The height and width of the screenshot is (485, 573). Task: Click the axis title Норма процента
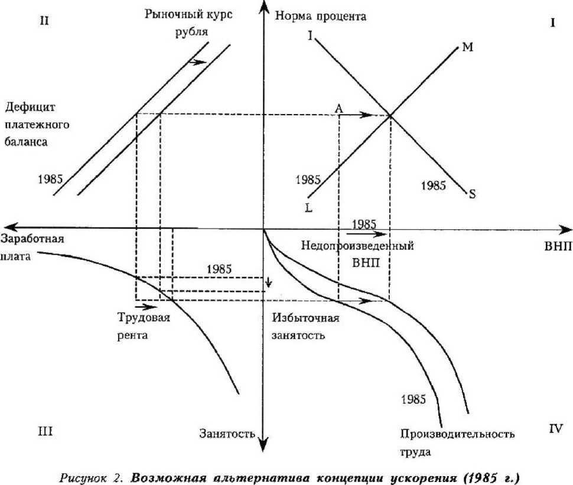point(321,16)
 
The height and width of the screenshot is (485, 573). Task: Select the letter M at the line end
point(467,47)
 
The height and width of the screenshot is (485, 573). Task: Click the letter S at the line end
point(472,193)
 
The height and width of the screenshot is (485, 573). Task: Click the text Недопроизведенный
point(357,246)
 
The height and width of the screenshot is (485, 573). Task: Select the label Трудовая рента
point(145,327)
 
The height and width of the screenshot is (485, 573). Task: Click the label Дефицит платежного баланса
point(38,125)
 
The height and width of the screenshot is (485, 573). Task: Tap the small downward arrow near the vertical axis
point(269,282)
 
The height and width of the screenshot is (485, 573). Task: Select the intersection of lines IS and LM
point(390,116)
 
